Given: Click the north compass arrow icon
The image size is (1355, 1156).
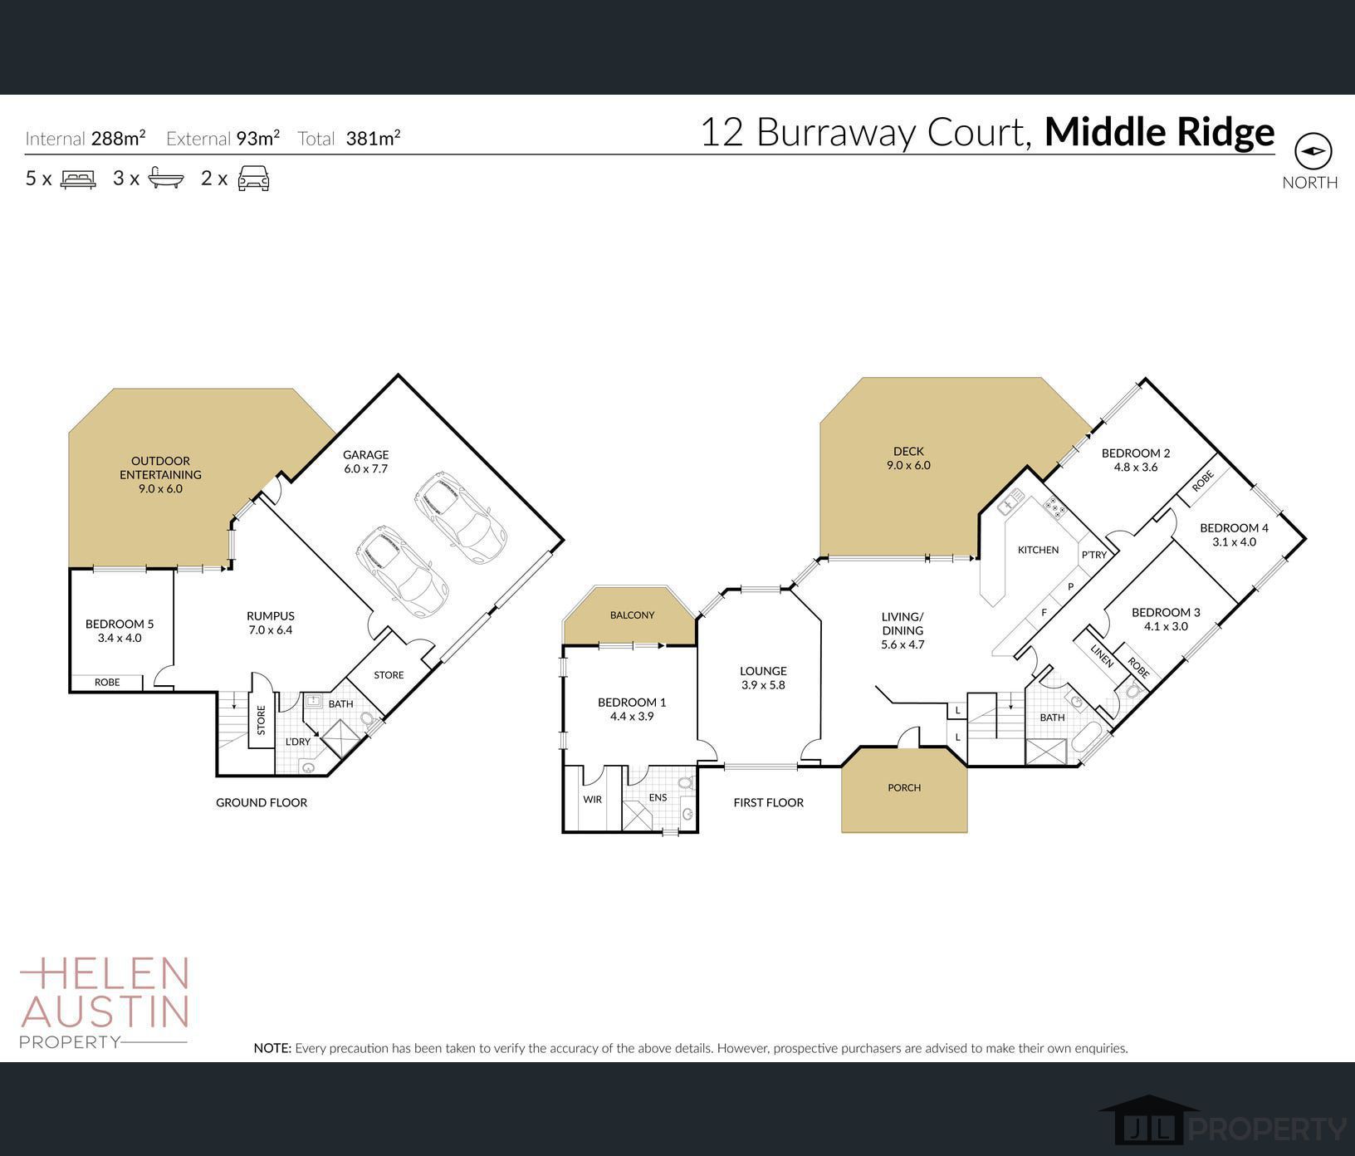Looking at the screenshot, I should coord(1313,151).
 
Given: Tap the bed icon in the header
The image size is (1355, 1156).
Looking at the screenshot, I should coord(79,179).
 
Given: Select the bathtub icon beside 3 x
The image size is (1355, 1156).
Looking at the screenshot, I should coord(166,179).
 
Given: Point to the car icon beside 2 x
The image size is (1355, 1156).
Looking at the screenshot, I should coord(253,179).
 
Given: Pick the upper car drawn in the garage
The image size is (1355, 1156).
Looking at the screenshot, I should coord(462,518).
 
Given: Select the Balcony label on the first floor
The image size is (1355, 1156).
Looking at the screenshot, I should coord(632,615).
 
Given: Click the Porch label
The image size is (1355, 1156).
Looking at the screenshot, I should coord(904,787).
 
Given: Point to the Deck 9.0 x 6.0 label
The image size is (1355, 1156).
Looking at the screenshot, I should coord(908,458).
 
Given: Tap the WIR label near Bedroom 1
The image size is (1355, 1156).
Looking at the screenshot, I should coord(592,799).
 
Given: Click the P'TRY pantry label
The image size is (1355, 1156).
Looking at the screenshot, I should coord(1093,555).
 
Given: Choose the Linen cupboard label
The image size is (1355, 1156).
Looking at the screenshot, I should coord(1102,657).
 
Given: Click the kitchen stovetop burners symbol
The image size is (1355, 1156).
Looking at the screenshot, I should coord(1055,507).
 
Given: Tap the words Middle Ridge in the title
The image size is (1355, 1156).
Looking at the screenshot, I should coord(1159,132).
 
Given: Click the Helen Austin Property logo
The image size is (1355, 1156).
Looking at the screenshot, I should coord(105,1002).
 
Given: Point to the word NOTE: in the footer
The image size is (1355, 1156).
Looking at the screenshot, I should coord(273,1048).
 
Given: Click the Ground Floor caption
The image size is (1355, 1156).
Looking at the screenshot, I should coord(262,802).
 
